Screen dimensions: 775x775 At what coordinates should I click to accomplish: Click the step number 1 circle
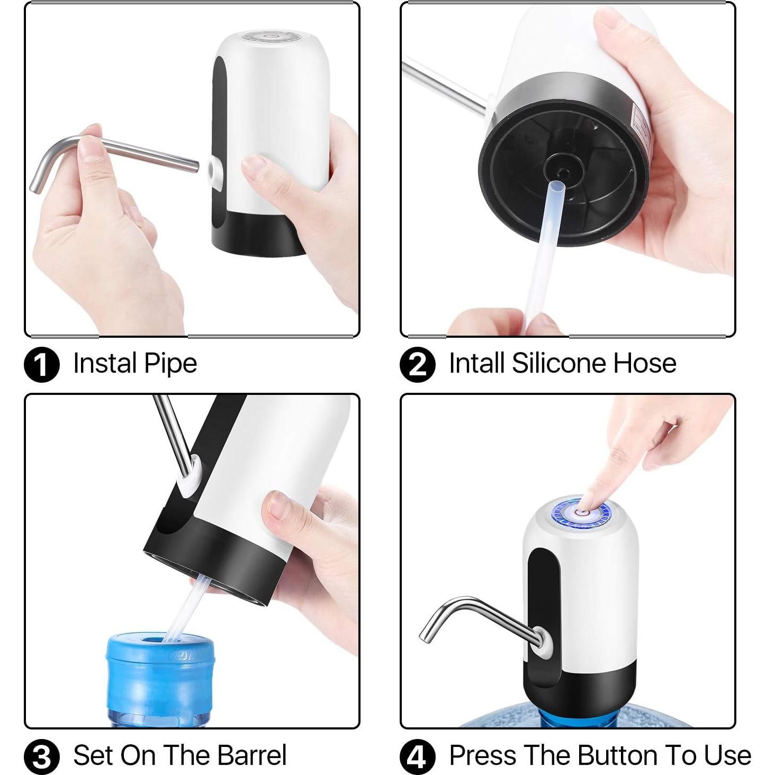pos(42,364)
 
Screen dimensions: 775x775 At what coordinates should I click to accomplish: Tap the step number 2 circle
pos(418,364)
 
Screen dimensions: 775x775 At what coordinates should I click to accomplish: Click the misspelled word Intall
pos(476,363)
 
